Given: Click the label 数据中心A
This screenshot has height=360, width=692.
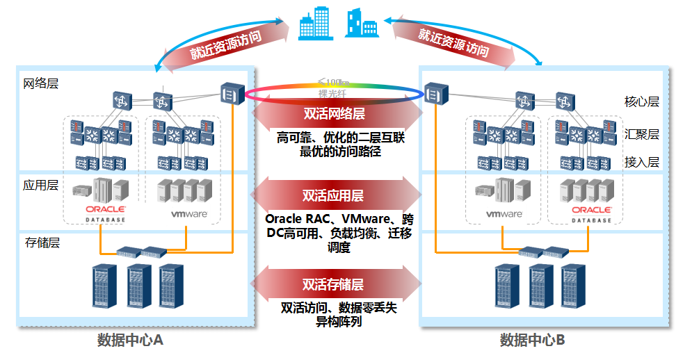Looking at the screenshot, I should [x=130, y=341].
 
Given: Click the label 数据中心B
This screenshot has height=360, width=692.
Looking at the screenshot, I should [x=532, y=341].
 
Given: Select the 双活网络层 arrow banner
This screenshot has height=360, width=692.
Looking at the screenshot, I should [x=335, y=114].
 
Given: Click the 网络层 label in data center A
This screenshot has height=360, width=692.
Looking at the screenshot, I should [x=41, y=83].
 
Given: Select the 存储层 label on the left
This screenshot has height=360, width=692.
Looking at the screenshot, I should [x=42, y=243].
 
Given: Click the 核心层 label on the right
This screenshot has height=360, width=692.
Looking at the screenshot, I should [x=641, y=101].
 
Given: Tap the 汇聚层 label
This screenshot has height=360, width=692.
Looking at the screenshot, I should [x=641, y=134].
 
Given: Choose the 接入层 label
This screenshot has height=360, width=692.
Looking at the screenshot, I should [x=641, y=162].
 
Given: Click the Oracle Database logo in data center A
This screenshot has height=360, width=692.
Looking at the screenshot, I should [x=106, y=212].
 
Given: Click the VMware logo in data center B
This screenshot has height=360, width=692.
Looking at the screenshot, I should [x=504, y=214].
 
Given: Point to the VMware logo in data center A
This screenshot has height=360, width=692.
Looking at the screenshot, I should [x=189, y=214].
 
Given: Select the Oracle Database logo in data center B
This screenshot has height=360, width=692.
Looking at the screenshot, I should [x=592, y=212].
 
